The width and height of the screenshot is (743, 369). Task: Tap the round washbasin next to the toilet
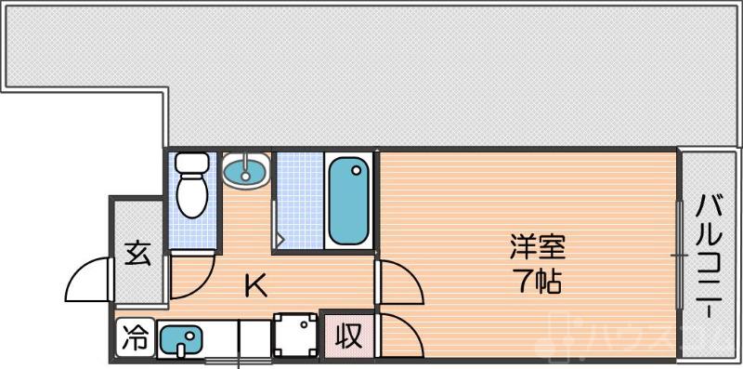click(246, 171)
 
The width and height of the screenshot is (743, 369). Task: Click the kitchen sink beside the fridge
click(179, 340)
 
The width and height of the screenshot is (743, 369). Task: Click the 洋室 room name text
click(537, 248)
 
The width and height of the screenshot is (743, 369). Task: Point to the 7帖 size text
click(538, 282)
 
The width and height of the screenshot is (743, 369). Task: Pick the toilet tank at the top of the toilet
click(192, 164)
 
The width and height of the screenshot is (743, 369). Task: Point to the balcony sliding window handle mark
click(676, 254)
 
